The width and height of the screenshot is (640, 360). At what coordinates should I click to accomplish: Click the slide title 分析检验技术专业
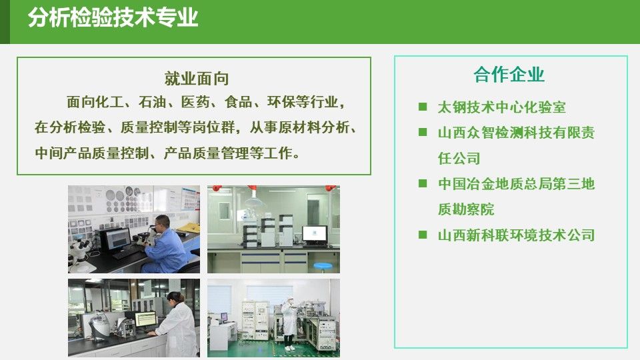click(113, 19)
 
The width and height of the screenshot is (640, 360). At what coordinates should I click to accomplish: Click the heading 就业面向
click(196, 79)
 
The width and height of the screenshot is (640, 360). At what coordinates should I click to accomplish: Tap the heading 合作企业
click(509, 75)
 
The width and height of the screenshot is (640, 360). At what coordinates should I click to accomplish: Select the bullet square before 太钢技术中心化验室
click(423, 107)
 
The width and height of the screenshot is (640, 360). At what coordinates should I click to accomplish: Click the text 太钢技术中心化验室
click(501, 107)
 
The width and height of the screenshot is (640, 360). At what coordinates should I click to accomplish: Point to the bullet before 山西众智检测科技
click(423, 132)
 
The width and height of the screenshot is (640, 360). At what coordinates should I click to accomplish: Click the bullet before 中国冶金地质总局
click(423, 183)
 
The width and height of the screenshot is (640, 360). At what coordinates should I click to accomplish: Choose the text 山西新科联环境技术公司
click(516, 235)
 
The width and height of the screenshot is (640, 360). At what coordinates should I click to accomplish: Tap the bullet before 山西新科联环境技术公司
click(423, 235)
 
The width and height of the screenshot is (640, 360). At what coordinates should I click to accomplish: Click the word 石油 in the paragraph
click(152, 102)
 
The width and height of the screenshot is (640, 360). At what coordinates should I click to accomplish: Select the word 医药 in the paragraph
click(195, 102)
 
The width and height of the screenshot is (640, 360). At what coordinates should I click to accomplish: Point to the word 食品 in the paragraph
click(238, 102)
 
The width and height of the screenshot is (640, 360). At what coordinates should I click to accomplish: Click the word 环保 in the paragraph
click(281, 102)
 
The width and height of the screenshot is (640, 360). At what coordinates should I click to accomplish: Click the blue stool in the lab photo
click(323, 267)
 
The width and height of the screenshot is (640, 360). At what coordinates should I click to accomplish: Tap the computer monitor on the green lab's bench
click(314, 235)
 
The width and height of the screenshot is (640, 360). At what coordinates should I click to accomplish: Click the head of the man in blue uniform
click(162, 223)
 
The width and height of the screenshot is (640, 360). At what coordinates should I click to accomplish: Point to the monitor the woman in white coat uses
click(146, 319)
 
